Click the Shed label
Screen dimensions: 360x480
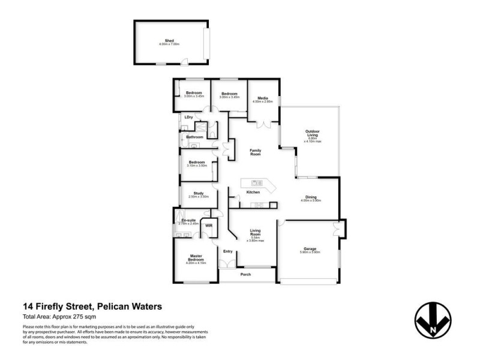[169, 41]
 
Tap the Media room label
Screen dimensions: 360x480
[262, 98]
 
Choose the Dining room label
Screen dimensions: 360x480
[311, 197]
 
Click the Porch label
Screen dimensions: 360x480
[245, 275]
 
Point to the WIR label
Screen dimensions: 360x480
[209, 226]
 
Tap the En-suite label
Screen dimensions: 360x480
[189, 220]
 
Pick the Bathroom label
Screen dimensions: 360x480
[194, 137]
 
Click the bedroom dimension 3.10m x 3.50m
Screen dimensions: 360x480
[197, 165]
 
